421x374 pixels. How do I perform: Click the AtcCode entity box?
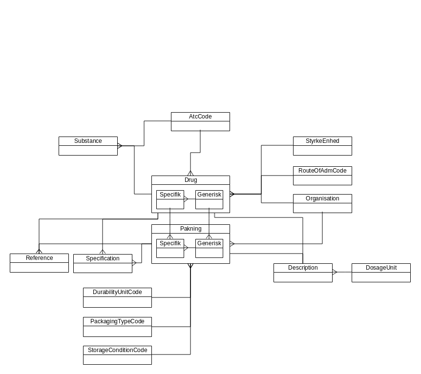pos(200,121)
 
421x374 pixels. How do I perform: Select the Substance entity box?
pos(88,146)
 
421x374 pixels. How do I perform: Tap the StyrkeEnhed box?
pos(322,146)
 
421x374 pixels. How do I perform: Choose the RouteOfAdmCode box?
pos(322,176)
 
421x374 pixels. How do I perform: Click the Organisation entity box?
pos(322,203)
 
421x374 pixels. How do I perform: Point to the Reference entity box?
pos(39,263)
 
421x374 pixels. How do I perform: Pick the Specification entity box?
pos(103,263)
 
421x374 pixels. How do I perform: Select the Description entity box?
pos(303,273)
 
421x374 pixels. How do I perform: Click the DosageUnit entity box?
pos(381,273)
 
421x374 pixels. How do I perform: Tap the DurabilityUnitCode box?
pos(117,297)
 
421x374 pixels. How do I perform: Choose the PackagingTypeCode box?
pos(117,327)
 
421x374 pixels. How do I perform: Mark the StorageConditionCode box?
pos(117,355)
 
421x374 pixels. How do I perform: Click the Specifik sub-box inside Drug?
pos(170,199)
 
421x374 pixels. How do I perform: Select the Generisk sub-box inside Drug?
pos(209,199)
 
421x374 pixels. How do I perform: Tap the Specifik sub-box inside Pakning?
pos(170,248)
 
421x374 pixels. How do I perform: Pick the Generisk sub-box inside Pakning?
pos(209,248)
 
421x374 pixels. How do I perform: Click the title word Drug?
pos(190,180)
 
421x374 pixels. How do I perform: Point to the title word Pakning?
pos(190,229)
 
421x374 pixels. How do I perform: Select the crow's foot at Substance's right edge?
pos(120,145)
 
